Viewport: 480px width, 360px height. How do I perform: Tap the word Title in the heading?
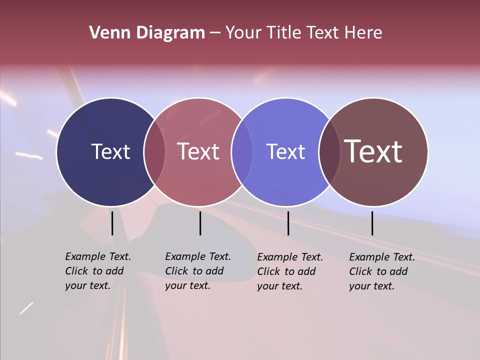click(284, 33)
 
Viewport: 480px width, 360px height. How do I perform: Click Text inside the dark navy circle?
click(110, 151)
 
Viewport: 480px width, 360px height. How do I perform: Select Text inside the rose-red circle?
click(198, 151)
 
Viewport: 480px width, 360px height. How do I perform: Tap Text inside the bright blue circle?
click(285, 151)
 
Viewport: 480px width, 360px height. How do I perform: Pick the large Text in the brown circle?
click(373, 151)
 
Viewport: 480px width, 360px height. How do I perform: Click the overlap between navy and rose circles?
click(154, 151)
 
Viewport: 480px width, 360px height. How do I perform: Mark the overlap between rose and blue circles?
click(242, 151)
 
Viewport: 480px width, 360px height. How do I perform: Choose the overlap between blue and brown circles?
click(329, 151)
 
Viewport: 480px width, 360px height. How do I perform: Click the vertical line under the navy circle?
click(112, 223)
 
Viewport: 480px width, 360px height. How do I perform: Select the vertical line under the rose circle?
click(200, 223)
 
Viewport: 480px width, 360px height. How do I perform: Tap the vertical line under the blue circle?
click(288, 223)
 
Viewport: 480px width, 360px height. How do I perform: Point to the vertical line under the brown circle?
click(372, 223)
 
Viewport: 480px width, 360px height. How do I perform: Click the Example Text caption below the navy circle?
click(98, 271)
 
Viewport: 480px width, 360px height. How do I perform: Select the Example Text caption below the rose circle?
click(198, 271)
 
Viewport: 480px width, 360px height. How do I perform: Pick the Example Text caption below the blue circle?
click(290, 271)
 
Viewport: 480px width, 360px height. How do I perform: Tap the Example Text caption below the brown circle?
click(382, 271)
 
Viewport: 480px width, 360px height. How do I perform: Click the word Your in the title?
click(243, 33)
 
